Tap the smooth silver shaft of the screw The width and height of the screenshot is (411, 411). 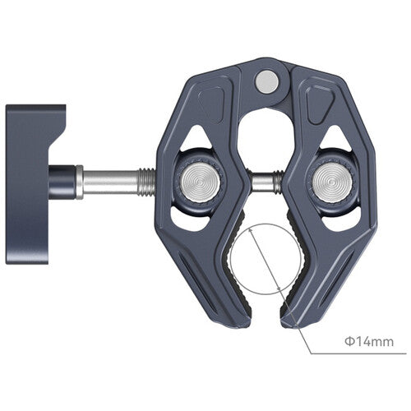click(111, 178)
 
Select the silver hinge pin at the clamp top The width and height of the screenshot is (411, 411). click(266, 81)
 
